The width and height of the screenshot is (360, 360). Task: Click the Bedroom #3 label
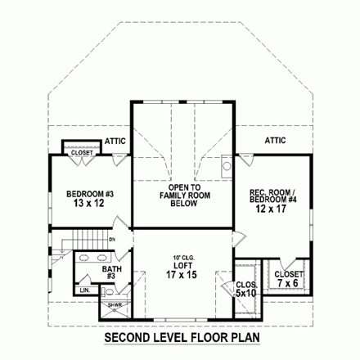[84, 194]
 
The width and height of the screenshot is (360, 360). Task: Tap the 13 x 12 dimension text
[84, 205]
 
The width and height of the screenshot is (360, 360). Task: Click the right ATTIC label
[275, 141]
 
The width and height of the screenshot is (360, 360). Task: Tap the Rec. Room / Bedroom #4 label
[273, 197]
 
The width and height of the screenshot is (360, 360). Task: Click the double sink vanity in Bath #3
[86, 263]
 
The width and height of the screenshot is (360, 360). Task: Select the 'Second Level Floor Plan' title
[180, 338]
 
